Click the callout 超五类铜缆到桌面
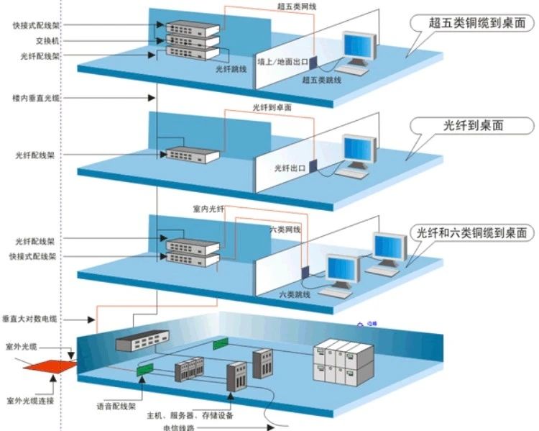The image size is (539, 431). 471,22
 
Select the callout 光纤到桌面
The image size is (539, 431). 474,124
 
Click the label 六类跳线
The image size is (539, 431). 295,294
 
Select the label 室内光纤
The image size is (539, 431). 209,209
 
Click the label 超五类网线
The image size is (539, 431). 297,6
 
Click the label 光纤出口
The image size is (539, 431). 290,168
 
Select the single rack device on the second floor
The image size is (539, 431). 191,153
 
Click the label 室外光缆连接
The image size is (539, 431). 30,400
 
